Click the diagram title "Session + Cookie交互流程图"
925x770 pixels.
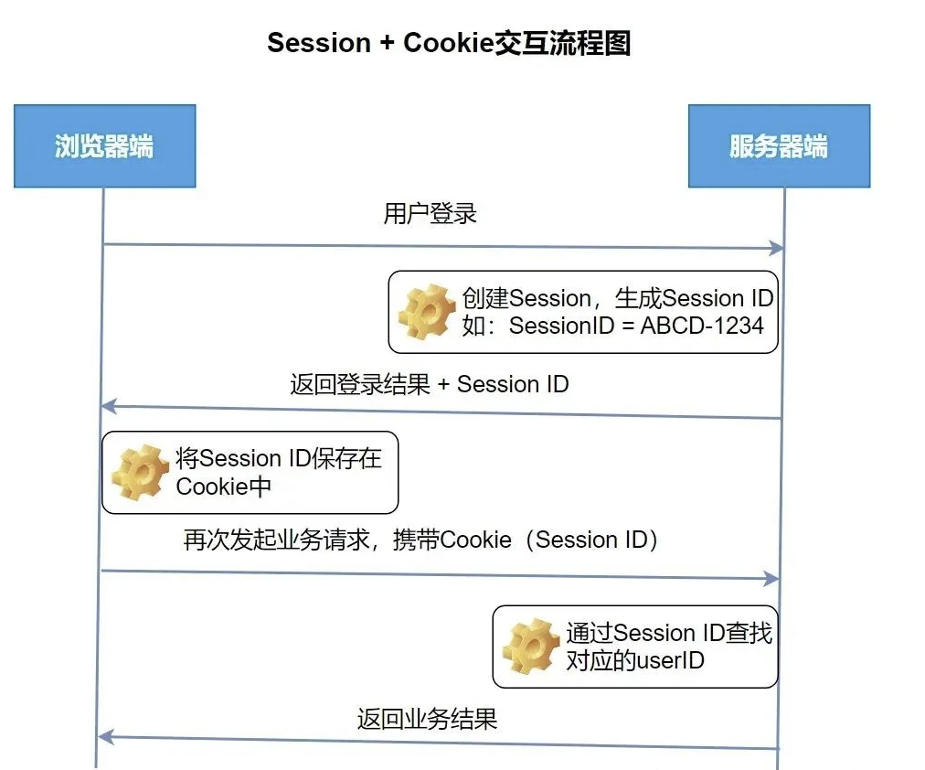pos(449,43)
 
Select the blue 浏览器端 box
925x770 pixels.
pos(104,146)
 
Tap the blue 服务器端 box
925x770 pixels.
pos(779,146)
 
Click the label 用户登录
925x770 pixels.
pos(430,214)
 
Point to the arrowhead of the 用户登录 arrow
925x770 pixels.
pos(777,248)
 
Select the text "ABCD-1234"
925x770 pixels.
pos(702,325)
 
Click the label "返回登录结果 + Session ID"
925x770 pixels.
pos(430,384)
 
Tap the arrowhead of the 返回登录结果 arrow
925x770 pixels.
pos(107,405)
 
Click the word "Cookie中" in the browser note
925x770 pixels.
pos(224,487)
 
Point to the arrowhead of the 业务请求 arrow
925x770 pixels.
pos(772,579)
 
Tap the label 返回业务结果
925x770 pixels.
pos(427,719)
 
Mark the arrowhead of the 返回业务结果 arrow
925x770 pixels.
pos(104,736)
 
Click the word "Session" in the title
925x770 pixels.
pos(320,43)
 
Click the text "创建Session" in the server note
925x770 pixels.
pos(526,298)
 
